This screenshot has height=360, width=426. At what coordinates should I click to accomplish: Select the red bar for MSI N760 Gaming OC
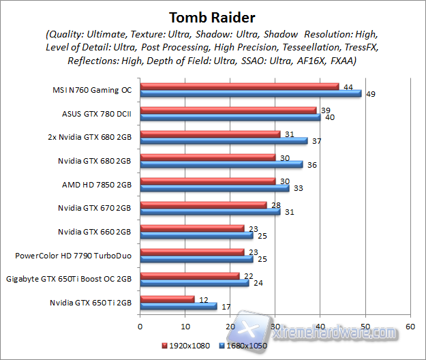(x=239, y=87)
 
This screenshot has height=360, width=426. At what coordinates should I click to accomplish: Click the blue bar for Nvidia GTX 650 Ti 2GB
(x=178, y=306)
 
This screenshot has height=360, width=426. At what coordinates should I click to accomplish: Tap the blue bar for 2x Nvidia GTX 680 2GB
(x=223, y=141)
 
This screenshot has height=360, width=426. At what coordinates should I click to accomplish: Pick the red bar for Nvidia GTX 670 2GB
(x=202, y=205)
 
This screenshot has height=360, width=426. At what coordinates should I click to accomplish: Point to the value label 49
(x=371, y=94)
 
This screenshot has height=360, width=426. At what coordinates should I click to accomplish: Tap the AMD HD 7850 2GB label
(x=97, y=185)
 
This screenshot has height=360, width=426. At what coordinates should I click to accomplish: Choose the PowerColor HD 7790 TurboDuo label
(x=74, y=256)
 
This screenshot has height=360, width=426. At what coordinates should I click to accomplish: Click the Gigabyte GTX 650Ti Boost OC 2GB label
(x=69, y=279)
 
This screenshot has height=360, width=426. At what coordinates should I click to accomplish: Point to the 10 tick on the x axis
(x=184, y=327)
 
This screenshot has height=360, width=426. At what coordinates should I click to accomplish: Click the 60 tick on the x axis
(x=410, y=327)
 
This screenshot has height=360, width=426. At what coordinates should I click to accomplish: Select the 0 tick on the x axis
(x=140, y=327)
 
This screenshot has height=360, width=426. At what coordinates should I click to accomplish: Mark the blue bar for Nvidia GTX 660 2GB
(x=196, y=235)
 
